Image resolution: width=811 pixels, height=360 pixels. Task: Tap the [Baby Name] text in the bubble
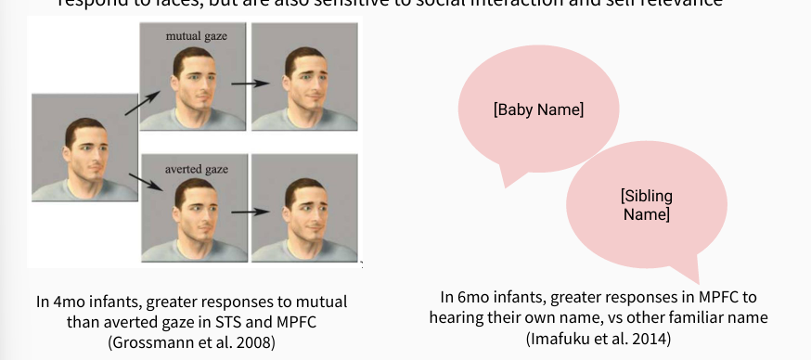(538, 109)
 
